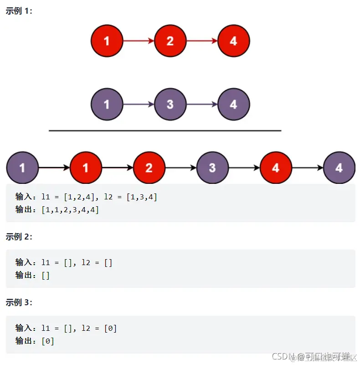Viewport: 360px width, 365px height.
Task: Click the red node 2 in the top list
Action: pyautogui.click(x=170, y=41)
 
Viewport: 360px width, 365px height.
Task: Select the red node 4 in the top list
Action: pyautogui.click(x=233, y=41)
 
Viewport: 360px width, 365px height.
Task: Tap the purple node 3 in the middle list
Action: pyautogui.click(x=170, y=104)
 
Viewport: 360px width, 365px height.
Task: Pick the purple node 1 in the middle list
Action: pyautogui.click(x=107, y=104)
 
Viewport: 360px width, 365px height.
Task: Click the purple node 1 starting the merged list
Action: pyautogui.click(x=22, y=168)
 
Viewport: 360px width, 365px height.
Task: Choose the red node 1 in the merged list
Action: pyautogui.click(x=86, y=168)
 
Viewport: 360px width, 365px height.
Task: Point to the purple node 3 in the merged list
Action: pyautogui.click(x=212, y=168)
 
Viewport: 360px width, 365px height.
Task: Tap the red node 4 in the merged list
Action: pyautogui.click(x=276, y=168)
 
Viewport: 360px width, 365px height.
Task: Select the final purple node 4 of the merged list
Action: pyautogui.click(x=339, y=168)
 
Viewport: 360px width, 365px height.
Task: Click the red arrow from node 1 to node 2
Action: pyautogui.click(x=139, y=41)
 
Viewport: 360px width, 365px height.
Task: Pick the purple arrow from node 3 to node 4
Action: pyautogui.click(x=202, y=104)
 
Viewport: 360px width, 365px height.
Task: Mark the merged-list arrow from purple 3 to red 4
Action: pyautogui.click(x=244, y=168)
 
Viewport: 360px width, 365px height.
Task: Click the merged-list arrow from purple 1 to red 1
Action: pyautogui.click(x=54, y=168)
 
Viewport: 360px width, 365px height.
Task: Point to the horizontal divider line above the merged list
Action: pyautogui.click(x=165, y=130)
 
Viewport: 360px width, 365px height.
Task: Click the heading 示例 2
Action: pyautogui.click(x=19, y=236)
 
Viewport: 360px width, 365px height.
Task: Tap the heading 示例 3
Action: pyautogui.click(x=19, y=302)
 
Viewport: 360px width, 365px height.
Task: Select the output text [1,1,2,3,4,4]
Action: pyautogui.click(x=70, y=210)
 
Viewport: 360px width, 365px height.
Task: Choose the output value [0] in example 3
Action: pyautogui.click(x=48, y=341)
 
